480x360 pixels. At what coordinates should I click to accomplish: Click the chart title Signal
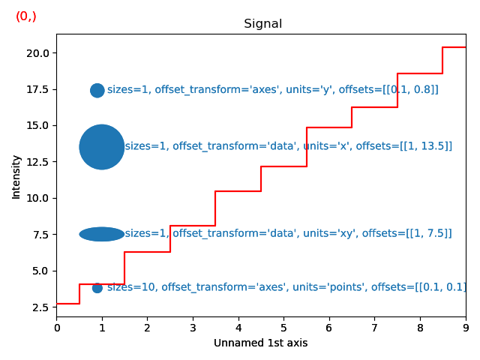tap(262, 24)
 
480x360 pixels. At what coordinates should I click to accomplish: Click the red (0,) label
tap(26, 16)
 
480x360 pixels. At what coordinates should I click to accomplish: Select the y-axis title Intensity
tap(16, 177)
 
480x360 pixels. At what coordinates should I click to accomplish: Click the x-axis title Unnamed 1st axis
tap(260, 343)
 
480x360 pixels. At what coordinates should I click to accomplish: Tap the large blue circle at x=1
tap(102, 147)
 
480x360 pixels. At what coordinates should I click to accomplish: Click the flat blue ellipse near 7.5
tap(102, 234)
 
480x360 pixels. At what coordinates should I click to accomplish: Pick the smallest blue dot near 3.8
tap(97, 288)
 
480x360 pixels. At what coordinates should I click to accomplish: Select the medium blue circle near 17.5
tap(97, 91)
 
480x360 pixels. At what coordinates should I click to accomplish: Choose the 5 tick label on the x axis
tap(283, 328)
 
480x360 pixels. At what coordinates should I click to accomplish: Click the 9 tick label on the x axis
tap(465, 328)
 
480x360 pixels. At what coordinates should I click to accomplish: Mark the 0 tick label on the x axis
tap(56, 328)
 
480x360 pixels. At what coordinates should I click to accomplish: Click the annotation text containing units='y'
tap(272, 90)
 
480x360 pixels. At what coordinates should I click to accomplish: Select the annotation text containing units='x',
tap(288, 146)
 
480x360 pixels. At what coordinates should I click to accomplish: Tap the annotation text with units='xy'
tap(288, 233)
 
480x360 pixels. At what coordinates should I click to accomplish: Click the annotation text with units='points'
tap(286, 287)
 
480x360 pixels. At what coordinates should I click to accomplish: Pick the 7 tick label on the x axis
tap(374, 328)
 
